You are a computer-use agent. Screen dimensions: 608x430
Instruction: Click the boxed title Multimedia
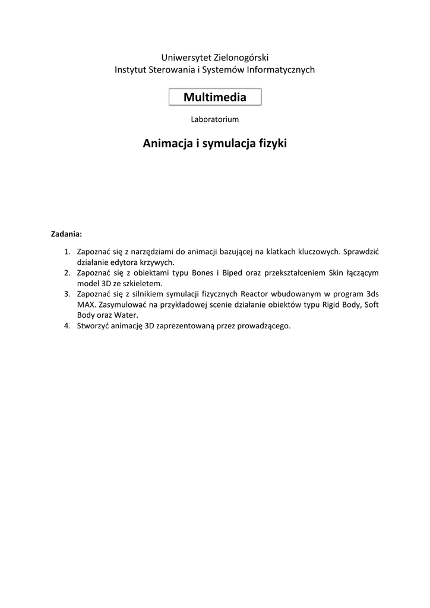point(215,96)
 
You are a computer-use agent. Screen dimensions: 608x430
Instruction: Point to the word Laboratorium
point(215,119)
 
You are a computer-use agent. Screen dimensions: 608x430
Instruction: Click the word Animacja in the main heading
point(167,144)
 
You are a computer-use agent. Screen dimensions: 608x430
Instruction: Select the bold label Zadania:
point(66,233)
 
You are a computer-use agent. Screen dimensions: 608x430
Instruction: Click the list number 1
point(67,252)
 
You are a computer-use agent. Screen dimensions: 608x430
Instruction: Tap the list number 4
point(67,326)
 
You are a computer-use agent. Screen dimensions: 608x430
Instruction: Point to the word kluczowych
point(318,252)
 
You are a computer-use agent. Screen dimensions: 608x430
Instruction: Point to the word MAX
point(86,305)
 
